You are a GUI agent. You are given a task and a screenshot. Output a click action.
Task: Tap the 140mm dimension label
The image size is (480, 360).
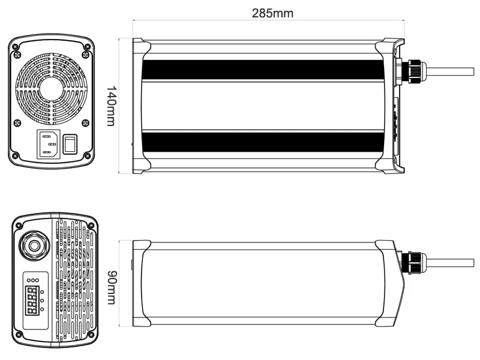pyautogui.click(x=111, y=106)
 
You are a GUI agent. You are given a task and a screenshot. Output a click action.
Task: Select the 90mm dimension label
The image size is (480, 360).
pyautogui.click(x=111, y=287)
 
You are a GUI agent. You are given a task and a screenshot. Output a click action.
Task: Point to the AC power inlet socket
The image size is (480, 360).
pyautogui.click(x=49, y=144)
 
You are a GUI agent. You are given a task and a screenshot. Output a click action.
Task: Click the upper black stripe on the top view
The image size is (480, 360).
pyautogui.click(x=263, y=70)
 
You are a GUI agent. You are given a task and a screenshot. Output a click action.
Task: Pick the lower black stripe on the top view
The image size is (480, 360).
pyautogui.click(x=263, y=142)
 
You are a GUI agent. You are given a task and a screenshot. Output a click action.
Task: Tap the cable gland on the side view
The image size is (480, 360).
pyautogui.click(x=414, y=263)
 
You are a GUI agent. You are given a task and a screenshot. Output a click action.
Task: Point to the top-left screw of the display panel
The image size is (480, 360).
pyautogui.click(x=19, y=225)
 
